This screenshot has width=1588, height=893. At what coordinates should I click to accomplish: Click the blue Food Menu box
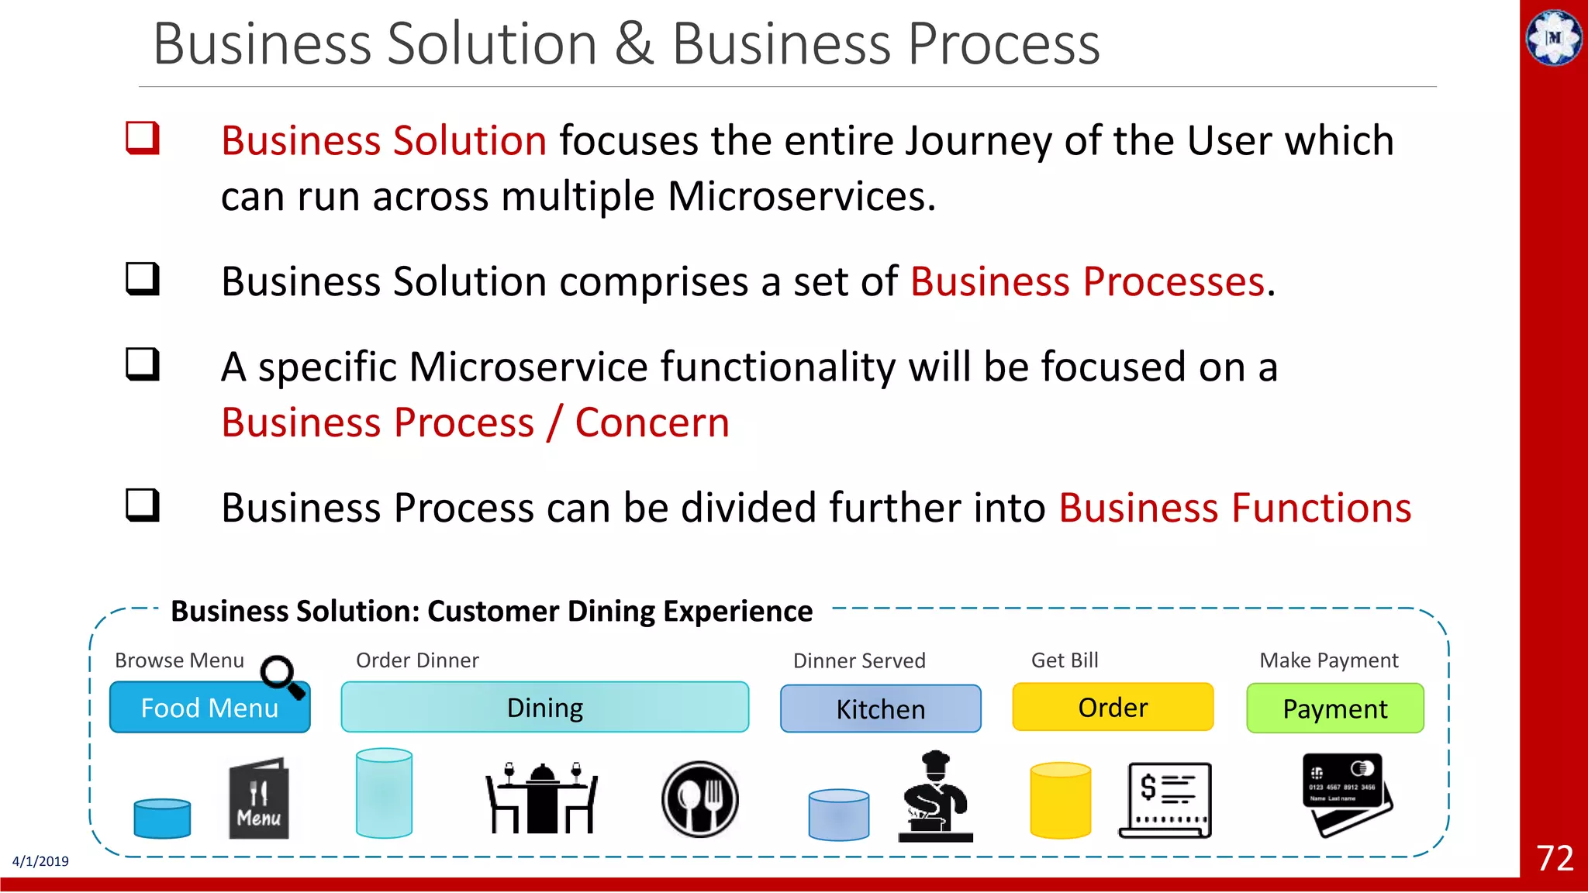[x=209, y=708]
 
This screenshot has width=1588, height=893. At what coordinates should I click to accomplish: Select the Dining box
[x=544, y=708]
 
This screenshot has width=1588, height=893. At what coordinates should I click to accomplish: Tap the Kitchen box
[x=880, y=709]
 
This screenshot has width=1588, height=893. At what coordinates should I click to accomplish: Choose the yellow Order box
[x=1113, y=707]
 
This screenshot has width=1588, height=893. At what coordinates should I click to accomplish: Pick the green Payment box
[x=1334, y=709]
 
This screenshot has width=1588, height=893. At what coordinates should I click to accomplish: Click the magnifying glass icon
[x=281, y=677]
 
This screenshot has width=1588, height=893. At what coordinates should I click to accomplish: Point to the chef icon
[x=935, y=797]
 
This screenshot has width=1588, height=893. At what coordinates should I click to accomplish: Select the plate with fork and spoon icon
[x=699, y=798]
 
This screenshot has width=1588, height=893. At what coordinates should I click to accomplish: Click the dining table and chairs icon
[x=541, y=798]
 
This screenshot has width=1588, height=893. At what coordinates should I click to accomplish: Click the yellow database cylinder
[x=1060, y=801]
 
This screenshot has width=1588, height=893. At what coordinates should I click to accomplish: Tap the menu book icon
[x=259, y=799]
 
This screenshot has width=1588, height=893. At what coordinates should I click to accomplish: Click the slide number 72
[x=1555, y=858]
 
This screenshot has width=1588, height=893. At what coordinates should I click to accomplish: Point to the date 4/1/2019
[x=40, y=861]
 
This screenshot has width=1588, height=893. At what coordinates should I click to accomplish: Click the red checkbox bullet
[x=143, y=139]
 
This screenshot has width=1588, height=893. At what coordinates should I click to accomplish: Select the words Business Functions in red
[x=1234, y=509]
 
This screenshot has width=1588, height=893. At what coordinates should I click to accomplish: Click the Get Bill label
[x=1064, y=660]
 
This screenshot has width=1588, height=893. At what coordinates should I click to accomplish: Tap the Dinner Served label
[x=859, y=661]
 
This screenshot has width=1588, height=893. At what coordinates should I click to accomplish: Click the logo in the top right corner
[x=1554, y=37]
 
